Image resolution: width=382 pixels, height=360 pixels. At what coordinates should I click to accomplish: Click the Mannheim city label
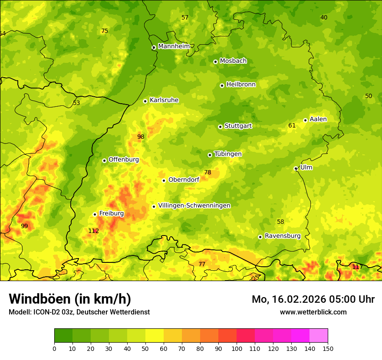click(174, 46)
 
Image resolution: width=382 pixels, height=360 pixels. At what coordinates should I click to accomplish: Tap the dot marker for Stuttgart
click(220, 127)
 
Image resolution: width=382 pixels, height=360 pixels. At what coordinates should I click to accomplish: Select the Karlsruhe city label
click(164, 100)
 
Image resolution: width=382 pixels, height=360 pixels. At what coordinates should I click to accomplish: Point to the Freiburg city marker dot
click(95, 214)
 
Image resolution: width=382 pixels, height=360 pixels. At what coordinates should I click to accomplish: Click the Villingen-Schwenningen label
click(194, 206)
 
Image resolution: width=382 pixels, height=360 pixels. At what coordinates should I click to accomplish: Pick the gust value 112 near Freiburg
click(93, 231)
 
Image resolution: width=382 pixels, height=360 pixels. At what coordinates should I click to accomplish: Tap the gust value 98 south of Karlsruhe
click(141, 137)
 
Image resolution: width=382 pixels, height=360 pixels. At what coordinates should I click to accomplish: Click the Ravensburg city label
click(282, 236)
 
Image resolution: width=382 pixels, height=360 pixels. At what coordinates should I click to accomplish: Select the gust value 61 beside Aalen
click(292, 126)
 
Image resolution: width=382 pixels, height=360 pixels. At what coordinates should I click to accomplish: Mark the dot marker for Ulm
click(296, 168)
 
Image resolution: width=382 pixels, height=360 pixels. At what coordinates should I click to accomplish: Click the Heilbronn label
click(241, 85)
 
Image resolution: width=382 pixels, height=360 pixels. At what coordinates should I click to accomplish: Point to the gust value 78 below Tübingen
click(207, 172)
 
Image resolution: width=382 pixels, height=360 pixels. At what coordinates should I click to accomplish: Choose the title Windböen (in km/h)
click(70, 299)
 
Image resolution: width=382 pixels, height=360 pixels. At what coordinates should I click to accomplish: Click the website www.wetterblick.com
click(313, 312)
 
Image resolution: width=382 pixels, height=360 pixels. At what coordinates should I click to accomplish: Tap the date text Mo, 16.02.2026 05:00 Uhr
click(313, 299)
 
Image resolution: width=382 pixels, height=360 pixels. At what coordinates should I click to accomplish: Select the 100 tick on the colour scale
click(237, 348)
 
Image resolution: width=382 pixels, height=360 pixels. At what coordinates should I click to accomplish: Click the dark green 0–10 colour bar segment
click(63, 336)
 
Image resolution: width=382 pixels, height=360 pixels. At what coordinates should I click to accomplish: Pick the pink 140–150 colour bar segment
click(319, 336)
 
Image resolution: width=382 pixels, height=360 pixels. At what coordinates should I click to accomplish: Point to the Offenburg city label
click(123, 160)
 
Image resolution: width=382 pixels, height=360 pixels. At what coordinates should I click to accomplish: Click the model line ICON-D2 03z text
click(79, 312)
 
